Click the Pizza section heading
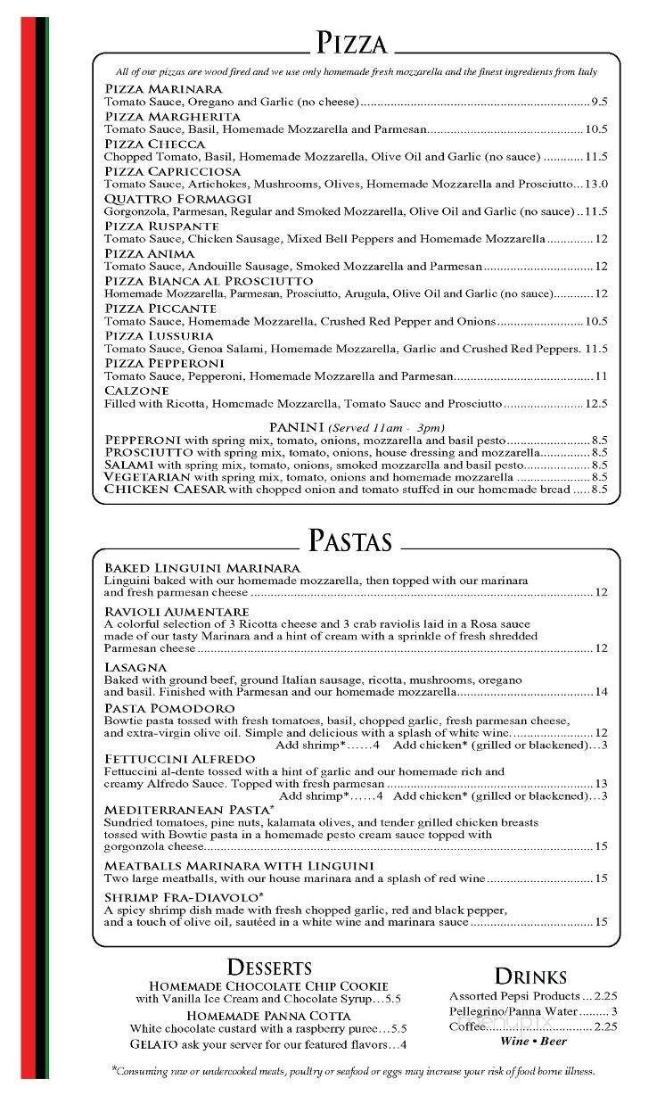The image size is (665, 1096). click(x=351, y=42)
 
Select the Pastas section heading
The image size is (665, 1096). click(x=349, y=540)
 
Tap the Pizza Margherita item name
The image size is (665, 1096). click(x=172, y=117)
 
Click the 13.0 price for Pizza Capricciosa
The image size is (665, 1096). click(x=595, y=185)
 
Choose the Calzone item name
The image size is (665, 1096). click(x=136, y=391)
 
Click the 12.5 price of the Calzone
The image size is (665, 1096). click(x=595, y=404)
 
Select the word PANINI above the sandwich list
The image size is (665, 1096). click(x=297, y=427)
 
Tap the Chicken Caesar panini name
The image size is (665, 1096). click(x=165, y=490)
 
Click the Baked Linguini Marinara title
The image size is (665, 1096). click(x=201, y=568)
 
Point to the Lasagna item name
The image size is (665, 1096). click(x=135, y=667)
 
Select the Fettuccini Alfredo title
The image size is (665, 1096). click(x=179, y=759)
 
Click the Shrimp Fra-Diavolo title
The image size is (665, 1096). click(x=184, y=896)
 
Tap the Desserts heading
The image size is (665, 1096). click(x=269, y=967)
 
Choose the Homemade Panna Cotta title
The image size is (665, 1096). click(x=268, y=1016)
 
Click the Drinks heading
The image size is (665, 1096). click(x=530, y=976)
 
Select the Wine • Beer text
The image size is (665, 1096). click(x=533, y=1041)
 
